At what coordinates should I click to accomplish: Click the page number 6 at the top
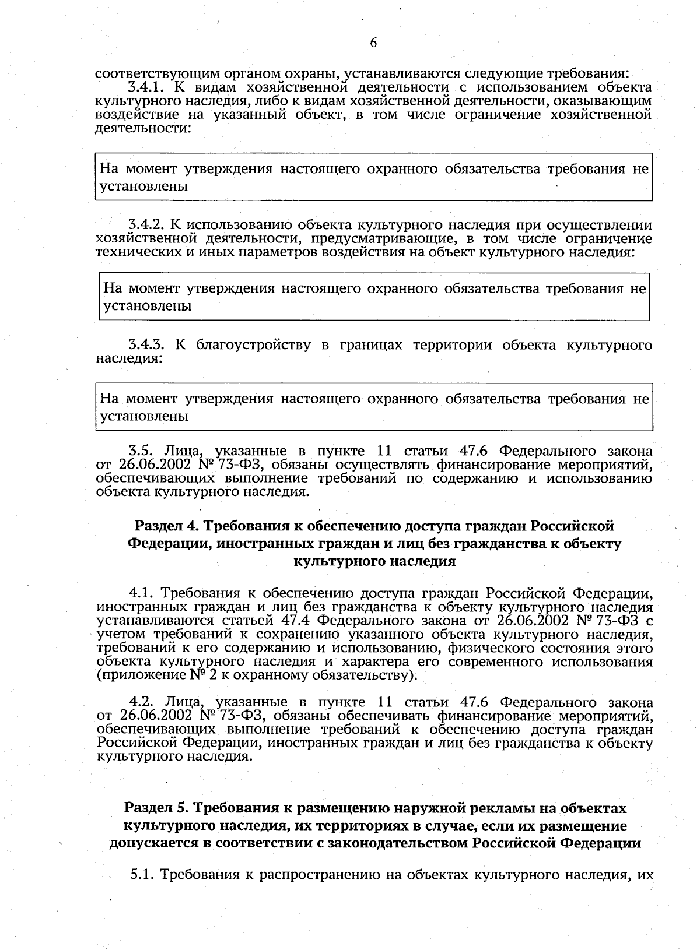coord(373,43)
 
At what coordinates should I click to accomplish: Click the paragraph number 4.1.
coord(141,594)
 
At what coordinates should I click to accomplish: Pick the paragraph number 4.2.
coord(141,702)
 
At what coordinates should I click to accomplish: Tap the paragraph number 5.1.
coord(142,875)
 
